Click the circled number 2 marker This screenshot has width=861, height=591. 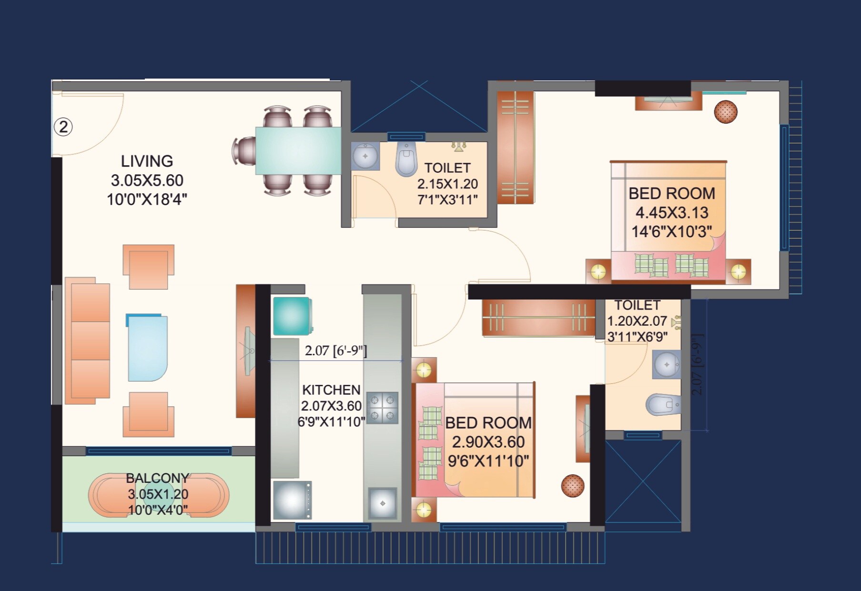click(63, 127)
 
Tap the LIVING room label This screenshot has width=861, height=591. click(147, 161)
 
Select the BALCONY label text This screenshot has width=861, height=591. click(157, 478)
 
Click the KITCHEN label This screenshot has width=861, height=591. click(331, 390)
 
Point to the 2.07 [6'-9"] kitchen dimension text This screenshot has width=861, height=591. click(336, 351)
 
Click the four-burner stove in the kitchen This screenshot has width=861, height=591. click(382, 408)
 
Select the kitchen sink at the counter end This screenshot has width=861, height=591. click(382, 503)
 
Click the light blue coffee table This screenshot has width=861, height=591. click(147, 348)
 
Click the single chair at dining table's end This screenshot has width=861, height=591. click(244, 151)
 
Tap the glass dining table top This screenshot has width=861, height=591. click(298, 150)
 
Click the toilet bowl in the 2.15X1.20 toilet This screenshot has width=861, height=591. click(406, 160)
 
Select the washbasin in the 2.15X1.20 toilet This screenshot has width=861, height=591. click(365, 156)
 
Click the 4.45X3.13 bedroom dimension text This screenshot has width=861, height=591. click(672, 212)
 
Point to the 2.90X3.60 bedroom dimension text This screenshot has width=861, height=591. click(488, 442)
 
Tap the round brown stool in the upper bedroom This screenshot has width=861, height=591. click(725, 112)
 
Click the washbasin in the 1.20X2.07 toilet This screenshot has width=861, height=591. click(666, 365)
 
